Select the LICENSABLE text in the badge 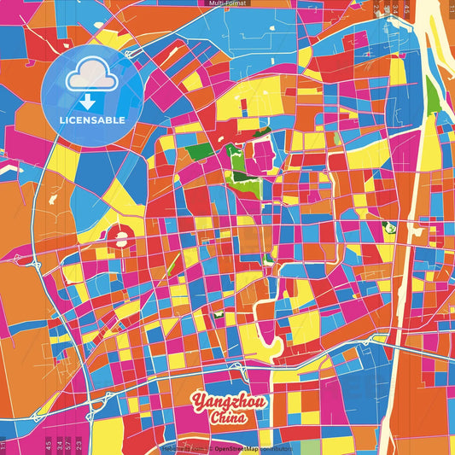[x=91, y=120]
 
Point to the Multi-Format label [x=227, y=3]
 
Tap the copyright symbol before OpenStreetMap [x=209, y=448]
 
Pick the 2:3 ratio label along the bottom [x=79, y=444]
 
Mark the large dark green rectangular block [x=201, y=151]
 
